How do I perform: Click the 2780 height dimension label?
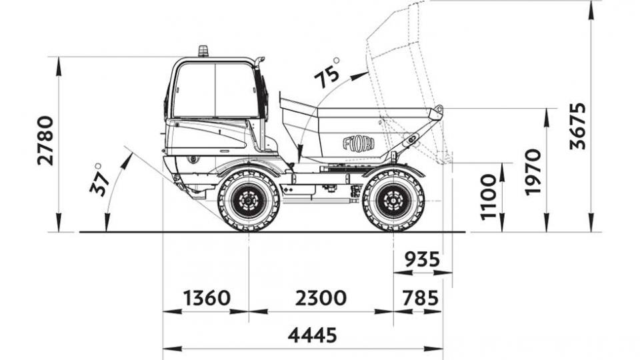pyautogui.click(x=45, y=141)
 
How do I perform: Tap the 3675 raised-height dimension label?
pyautogui.click(x=577, y=126)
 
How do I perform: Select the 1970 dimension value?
pyautogui.click(x=533, y=172)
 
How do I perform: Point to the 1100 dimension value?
pyautogui.click(x=488, y=197)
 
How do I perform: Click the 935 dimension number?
pyautogui.click(x=423, y=259)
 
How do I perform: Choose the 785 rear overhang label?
pyautogui.click(x=421, y=298)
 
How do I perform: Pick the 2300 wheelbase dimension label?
pyautogui.click(x=321, y=298)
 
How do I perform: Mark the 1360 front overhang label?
pyautogui.click(x=207, y=298)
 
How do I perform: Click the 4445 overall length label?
pyautogui.click(x=313, y=335)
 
